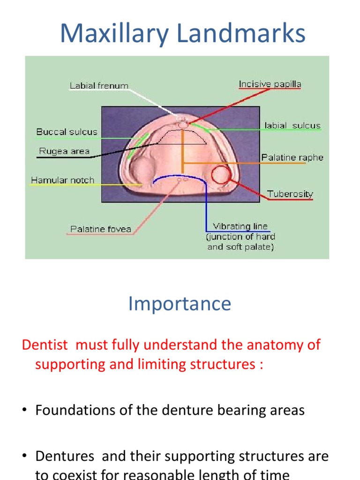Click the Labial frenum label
(99, 86)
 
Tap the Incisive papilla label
(270, 84)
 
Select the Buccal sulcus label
(67, 132)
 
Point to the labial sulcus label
(292, 126)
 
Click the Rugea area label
(63, 151)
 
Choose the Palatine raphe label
(292, 157)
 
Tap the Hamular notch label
(62, 180)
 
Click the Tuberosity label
(290, 194)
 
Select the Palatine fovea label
(101, 229)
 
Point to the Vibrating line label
(240, 226)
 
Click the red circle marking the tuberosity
(220, 175)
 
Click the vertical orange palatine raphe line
(182, 150)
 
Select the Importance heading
(180, 304)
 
